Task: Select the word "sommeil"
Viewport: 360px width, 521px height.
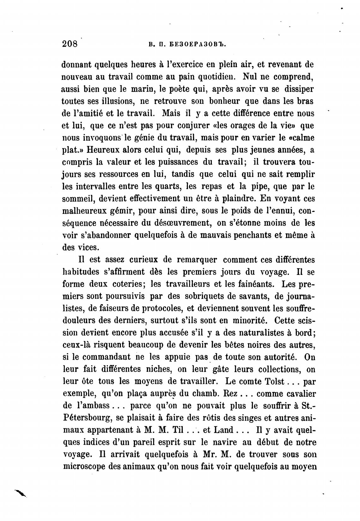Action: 79,199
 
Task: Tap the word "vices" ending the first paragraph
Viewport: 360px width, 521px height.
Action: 85,248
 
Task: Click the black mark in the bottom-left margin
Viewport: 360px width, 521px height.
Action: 20,493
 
